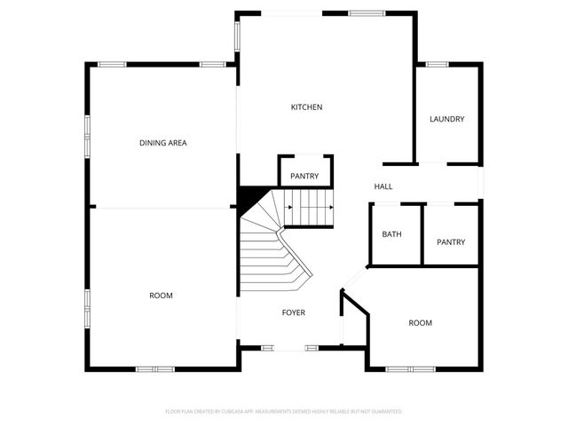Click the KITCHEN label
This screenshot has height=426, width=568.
306,107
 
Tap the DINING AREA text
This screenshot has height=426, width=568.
162,143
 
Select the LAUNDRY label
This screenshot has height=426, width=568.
446,120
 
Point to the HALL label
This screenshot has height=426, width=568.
383,186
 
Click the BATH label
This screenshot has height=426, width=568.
391,234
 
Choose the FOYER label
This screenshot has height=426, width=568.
294,313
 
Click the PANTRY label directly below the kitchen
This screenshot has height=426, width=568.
304,177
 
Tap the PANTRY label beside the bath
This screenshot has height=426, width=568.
451,242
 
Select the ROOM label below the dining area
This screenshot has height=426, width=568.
161,296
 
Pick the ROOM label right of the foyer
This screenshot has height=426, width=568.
420,323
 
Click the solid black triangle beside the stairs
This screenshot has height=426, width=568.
250,197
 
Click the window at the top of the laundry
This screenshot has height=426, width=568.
437,65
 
